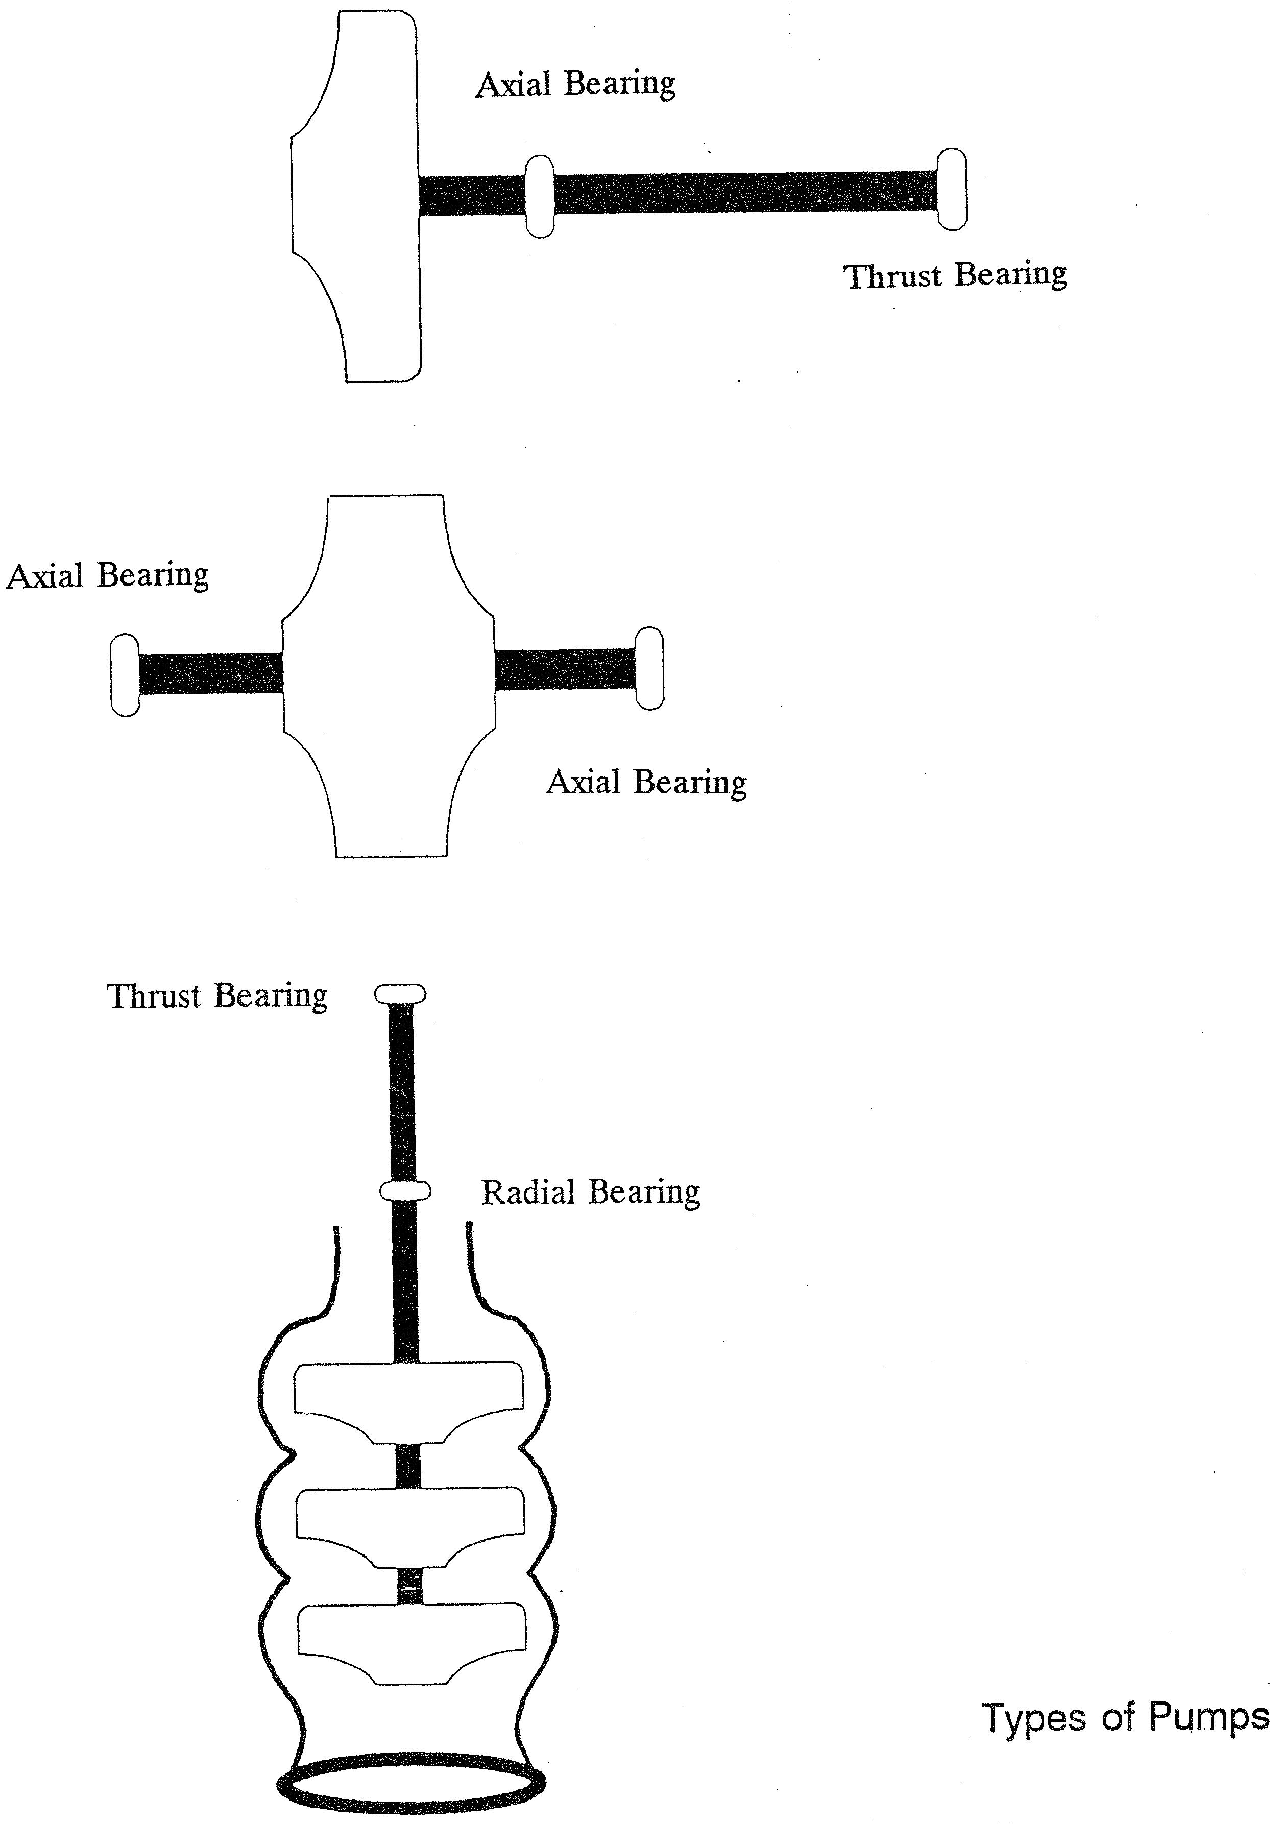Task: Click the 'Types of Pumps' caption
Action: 1127,1717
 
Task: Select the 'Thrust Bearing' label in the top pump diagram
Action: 955,275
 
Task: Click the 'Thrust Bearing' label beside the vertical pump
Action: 217,996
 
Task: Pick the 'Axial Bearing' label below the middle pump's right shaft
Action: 647,783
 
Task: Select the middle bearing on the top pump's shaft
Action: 540,196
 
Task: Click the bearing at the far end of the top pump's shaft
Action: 952,189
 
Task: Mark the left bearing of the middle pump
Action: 125,675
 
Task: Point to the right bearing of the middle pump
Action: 649,668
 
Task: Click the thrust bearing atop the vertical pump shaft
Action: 400,994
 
